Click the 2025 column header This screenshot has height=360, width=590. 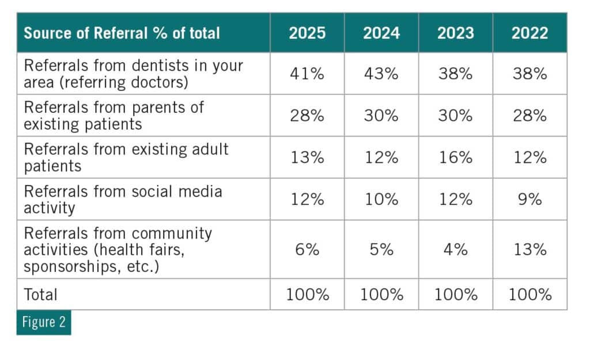coord(307,33)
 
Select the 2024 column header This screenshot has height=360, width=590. coord(381,33)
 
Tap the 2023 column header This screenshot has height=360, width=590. coord(456,33)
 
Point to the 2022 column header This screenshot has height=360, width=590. coord(530,33)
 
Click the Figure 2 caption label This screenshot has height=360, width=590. coord(44,322)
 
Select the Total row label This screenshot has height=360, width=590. coord(41,294)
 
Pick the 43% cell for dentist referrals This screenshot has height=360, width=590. coord(381,74)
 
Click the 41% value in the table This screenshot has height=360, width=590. coord(307,74)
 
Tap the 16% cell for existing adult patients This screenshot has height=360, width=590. coord(456,157)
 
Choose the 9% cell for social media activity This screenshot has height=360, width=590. coord(530,199)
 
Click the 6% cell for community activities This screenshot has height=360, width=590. coord(307,249)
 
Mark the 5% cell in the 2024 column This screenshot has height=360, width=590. coord(381,249)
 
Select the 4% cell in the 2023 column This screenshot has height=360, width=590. coord(456,249)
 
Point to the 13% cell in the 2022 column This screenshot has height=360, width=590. coord(530,249)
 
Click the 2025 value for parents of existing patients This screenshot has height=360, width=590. coord(307,115)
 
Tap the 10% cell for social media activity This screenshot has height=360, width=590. coord(381,199)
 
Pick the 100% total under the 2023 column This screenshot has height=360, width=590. coord(456,295)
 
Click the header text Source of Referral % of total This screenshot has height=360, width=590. coord(122,33)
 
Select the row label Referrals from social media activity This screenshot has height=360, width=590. coord(123,199)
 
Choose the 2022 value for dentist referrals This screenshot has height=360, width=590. coord(530,74)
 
